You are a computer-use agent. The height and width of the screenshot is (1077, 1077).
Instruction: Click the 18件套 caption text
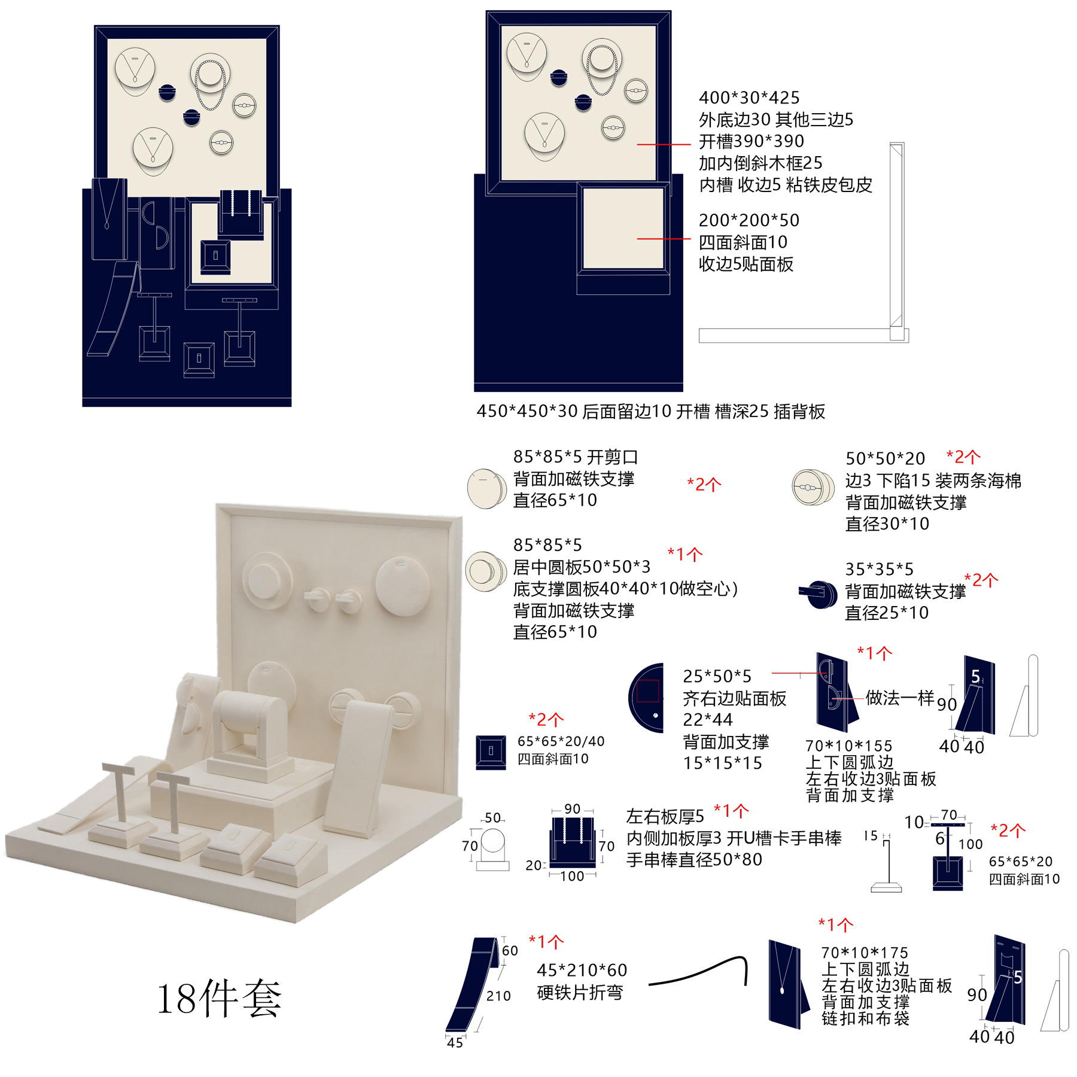pos(219,998)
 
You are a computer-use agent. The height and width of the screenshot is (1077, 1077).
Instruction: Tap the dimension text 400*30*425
pos(749,98)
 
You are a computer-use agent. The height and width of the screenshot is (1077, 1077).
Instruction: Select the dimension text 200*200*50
pos(749,220)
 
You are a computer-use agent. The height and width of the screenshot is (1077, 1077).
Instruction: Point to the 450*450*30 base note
pos(650,412)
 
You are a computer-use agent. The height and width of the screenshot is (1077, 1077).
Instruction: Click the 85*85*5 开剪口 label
pos(575,457)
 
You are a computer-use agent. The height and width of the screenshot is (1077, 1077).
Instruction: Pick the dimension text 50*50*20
pos(885,459)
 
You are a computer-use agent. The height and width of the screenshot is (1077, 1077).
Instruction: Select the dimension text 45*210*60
pos(582,970)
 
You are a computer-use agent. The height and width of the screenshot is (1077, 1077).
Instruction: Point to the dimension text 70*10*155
pos(848,746)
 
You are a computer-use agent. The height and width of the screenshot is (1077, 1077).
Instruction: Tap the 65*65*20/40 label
pos(561,741)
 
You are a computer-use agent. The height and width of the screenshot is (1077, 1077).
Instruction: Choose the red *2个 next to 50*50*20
pos(963,457)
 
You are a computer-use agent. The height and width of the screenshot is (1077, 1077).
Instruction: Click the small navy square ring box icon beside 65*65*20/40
pos(491,752)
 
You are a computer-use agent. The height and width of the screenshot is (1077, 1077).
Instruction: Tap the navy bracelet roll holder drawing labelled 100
pos(573,842)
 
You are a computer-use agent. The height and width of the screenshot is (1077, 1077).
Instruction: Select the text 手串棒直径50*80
pos(694,860)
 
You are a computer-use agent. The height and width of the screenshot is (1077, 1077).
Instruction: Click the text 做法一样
pos(899,698)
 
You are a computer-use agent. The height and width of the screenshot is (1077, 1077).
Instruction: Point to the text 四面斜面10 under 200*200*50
pos(743,242)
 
